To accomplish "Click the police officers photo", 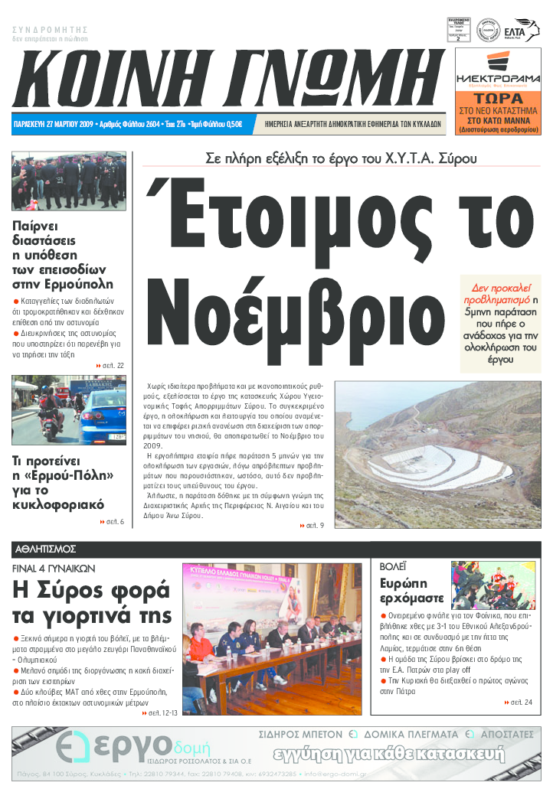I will [69, 181].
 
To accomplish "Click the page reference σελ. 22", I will [111, 365].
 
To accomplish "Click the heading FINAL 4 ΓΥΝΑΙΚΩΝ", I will [54, 569].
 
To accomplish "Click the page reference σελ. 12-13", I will [160, 713].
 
